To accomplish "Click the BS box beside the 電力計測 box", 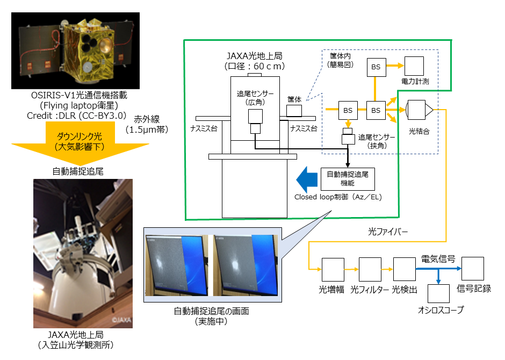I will point(376,67).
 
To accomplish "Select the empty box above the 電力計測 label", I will point(414,67).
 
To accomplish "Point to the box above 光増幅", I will point(332,269).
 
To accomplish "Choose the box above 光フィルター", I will point(370,269).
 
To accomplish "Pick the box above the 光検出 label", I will point(405,269).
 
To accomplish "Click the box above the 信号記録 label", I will point(473,268).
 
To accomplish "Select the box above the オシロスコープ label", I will point(438,294).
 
